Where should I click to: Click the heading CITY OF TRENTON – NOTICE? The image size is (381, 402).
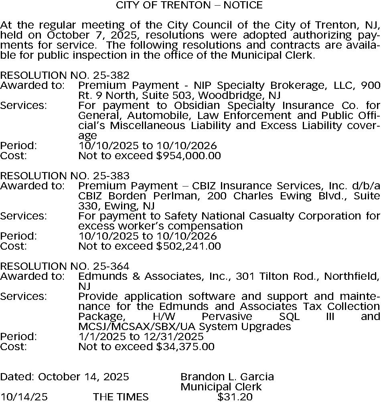(x=189, y=5)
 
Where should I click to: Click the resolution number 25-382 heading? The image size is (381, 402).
(x=65, y=76)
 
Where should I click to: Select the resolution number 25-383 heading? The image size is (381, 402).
(x=65, y=176)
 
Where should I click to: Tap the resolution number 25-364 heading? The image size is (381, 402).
(x=65, y=267)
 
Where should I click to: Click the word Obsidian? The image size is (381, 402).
(x=197, y=106)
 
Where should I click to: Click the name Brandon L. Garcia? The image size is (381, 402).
(x=227, y=377)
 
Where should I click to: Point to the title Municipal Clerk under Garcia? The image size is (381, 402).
(x=221, y=387)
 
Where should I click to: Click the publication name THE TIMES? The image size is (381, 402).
(x=121, y=397)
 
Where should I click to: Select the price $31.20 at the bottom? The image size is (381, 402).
(x=235, y=397)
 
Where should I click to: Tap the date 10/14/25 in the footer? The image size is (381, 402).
(x=24, y=397)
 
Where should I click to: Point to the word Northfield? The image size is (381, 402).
(x=351, y=277)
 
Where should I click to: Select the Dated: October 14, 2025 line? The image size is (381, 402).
(x=65, y=377)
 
